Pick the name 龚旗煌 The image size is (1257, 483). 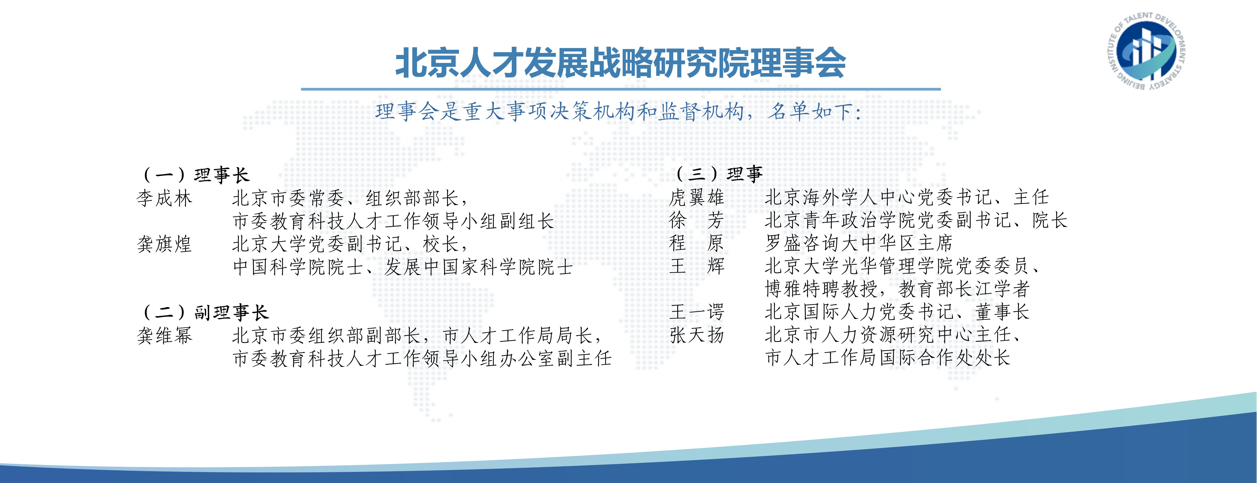(164, 244)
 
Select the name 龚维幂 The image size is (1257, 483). (164, 335)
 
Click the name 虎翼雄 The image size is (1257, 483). (697, 197)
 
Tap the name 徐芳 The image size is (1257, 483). (697, 220)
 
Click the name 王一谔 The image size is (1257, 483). (697, 312)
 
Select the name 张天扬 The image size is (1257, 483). (697, 335)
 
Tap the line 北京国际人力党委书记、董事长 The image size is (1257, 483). (897, 312)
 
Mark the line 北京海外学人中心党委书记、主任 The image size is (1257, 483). (907, 197)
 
